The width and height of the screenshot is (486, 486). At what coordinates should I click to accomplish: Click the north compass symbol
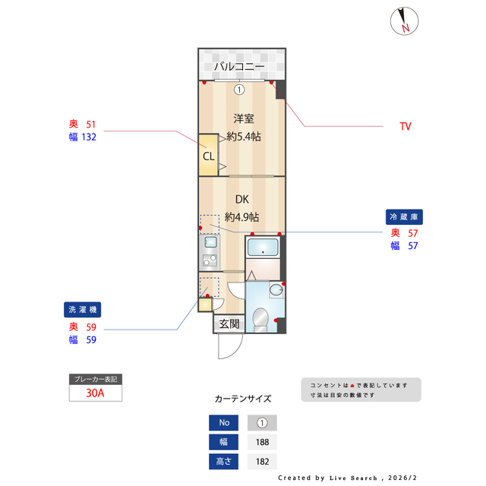point(402,21)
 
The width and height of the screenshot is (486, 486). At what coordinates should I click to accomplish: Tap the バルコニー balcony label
point(238,67)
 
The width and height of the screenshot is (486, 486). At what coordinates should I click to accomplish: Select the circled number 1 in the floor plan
point(239,89)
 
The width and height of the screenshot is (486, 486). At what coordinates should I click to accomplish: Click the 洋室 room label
point(242,118)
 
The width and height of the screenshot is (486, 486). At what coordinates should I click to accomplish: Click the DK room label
point(241,200)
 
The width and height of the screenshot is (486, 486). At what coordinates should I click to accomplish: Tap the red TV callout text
point(406,126)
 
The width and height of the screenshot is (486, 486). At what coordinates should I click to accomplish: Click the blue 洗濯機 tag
point(82,310)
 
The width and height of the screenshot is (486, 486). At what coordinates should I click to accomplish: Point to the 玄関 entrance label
point(229,323)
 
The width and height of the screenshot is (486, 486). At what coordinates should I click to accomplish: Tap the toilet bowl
point(260,320)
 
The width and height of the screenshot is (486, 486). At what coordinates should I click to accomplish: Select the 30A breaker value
point(95,393)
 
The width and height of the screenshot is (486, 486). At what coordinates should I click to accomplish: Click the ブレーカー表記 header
point(95,378)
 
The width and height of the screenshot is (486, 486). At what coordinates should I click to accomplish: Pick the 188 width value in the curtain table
point(262,442)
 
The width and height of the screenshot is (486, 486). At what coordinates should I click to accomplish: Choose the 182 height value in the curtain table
point(262,461)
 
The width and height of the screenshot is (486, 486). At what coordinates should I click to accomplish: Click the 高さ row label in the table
point(223,461)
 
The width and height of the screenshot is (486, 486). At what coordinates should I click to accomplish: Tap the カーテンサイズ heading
point(242,398)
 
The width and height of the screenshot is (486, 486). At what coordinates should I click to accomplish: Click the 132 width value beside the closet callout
point(90,137)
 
